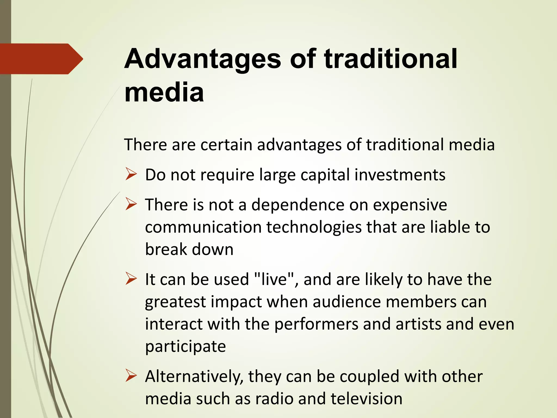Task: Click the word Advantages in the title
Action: (x=203, y=59)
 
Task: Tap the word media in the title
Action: (x=164, y=93)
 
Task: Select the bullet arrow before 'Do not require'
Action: (x=131, y=174)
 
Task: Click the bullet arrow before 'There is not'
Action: (x=131, y=205)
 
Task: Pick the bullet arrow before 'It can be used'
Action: (x=131, y=279)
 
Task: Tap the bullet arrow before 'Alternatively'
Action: (x=131, y=376)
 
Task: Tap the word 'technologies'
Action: (x=314, y=227)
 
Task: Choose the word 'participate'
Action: (x=185, y=347)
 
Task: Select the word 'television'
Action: (x=366, y=399)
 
